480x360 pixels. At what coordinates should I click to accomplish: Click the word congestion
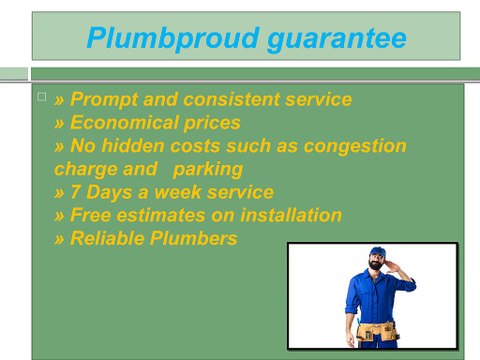[357, 146]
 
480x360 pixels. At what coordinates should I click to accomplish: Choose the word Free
[92, 215]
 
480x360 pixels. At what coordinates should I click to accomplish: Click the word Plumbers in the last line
[195, 238]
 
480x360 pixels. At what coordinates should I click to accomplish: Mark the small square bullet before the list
[41, 96]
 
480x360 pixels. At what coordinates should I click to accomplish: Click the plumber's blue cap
[376, 253]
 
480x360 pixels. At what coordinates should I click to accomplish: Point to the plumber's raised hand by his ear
[396, 265]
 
